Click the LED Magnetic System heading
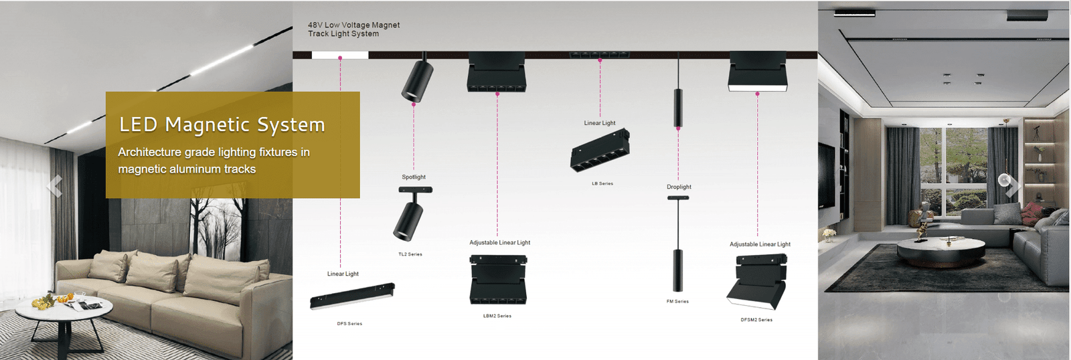pyautogui.click(x=222, y=124)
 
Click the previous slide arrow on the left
pyautogui.click(x=55, y=185)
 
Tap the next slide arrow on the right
pyautogui.click(x=1012, y=185)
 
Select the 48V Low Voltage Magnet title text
pyautogui.click(x=353, y=29)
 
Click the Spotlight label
pyautogui.click(x=414, y=177)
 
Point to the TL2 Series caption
pyautogui.click(x=410, y=254)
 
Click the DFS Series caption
pyautogui.click(x=349, y=324)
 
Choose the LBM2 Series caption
pyautogui.click(x=497, y=316)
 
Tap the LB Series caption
pyautogui.click(x=602, y=183)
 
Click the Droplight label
pyautogui.click(x=679, y=187)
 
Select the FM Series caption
pyautogui.click(x=677, y=302)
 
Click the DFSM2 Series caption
pyautogui.click(x=756, y=320)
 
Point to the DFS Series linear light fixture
pyautogui.click(x=352, y=296)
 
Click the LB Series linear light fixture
pyautogui.click(x=600, y=149)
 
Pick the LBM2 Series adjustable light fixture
pyautogui.click(x=497, y=279)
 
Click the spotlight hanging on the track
pyautogui.click(x=416, y=80)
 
